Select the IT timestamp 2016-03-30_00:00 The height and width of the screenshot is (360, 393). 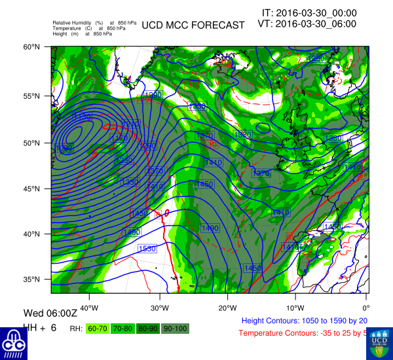tap(309, 12)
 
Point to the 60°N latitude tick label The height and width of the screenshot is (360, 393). tap(33, 47)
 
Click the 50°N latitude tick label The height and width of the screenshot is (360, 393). tap(33, 143)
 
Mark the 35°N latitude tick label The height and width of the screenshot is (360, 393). tap(33, 279)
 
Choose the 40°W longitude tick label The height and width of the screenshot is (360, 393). tap(89, 308)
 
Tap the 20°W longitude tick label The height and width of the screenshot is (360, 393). tap(227, 308)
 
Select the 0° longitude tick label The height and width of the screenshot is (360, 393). tap(366, 308)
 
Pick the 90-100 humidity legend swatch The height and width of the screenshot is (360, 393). tap(174, 328)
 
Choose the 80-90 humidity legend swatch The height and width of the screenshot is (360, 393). tap(149, 328)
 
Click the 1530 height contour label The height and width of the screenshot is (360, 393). tap(147, 249)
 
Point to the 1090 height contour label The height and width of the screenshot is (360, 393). tap(64, 149)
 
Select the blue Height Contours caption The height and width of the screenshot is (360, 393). tap(305, 321)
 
